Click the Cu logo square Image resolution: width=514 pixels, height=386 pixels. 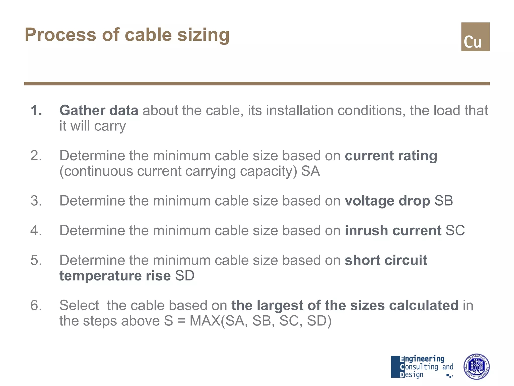tap(475, 37)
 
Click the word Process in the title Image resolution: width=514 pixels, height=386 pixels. tap(60, 35)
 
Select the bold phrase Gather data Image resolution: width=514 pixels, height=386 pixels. tap(99, 110)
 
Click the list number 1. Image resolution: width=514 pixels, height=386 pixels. tap(36, 110)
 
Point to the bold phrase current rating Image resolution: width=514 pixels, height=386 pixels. tap(391, 156)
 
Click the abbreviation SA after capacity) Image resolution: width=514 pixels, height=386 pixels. tap(310, 171)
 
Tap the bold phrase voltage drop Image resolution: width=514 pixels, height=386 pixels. tap(387, 201)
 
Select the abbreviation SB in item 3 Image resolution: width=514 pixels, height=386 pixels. tap(443, 201)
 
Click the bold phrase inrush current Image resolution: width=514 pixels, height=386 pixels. tap(393, 230)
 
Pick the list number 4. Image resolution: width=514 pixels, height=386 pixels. tap(36, 230)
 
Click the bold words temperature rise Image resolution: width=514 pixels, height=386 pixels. tap(115, 276)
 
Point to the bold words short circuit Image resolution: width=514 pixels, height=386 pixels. tap(386, 260)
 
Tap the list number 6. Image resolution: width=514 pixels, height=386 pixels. tap(36, 305)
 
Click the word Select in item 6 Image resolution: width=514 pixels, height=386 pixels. tap(79, 305)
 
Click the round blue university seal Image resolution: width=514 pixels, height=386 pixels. tap(476, 366)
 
